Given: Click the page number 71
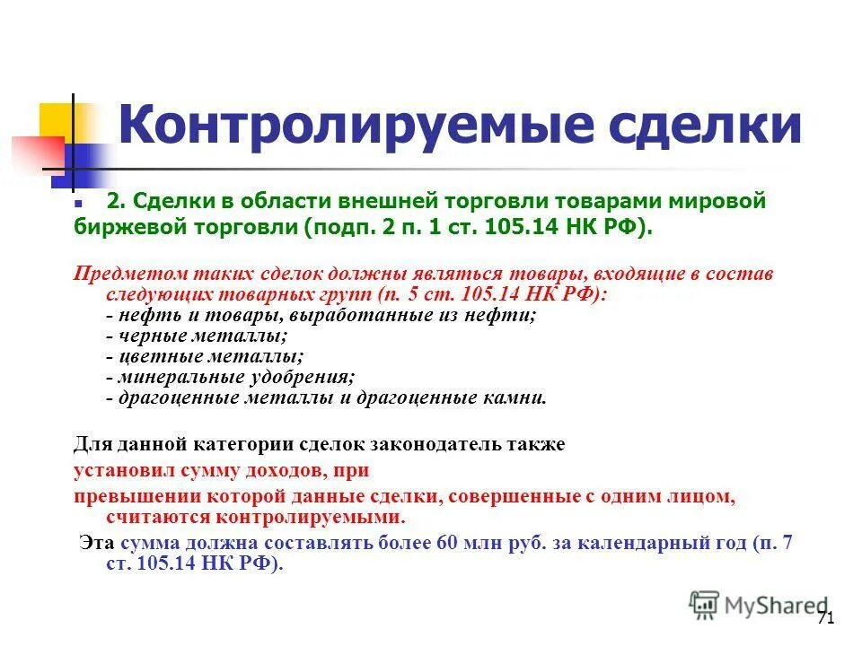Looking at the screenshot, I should [x=826, y=618].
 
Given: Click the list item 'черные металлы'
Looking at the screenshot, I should [x=197, y=336].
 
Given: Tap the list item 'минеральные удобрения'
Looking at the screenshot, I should [x=230, y=378].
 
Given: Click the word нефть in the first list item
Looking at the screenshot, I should [x=138, y=316].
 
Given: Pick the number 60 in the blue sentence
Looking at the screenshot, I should [x=448, y=544].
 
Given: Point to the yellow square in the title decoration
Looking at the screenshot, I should [x=56, y=120].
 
